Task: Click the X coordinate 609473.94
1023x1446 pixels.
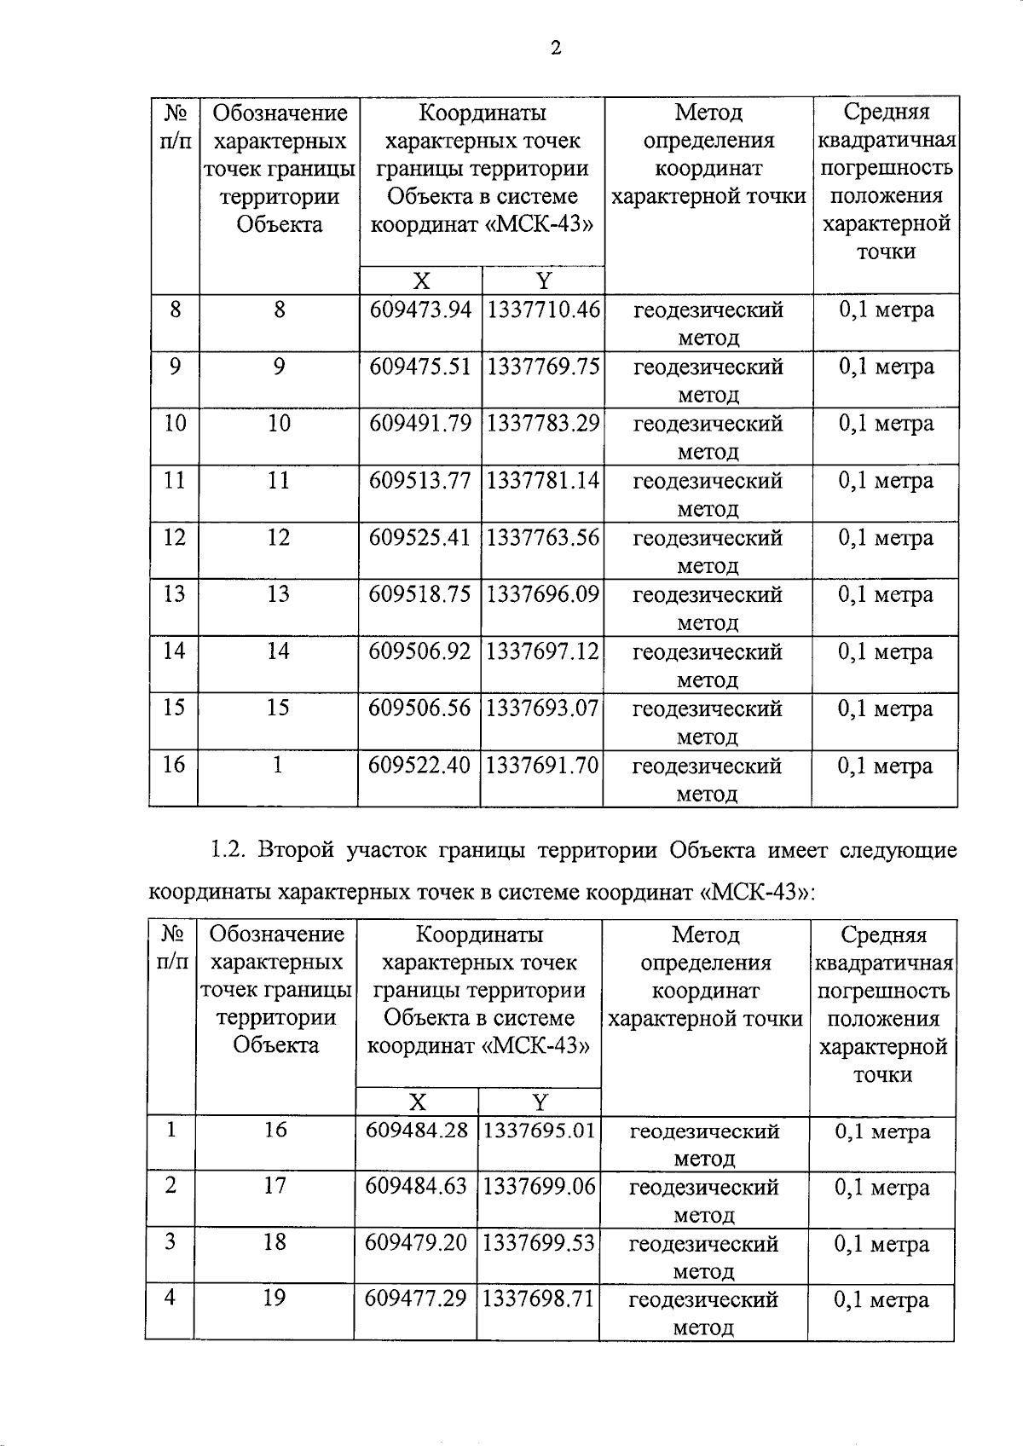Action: [x=420, y=310]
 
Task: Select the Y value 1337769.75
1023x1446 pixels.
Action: [x=543, y=367]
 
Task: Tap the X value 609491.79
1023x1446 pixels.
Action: [x=420, y=424]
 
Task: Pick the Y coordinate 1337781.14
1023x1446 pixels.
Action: [x=543, y=481]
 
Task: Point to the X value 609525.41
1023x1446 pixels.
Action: [x=419, y=538]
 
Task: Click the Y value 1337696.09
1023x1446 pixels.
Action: [x=543, y=595]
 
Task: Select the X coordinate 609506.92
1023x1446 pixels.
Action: [x=419, y=652]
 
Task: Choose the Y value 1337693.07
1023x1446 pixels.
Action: [x=542, y=709]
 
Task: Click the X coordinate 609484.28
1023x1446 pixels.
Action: [x=417, y=1131]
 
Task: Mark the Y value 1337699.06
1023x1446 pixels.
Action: [x=539, y=1187]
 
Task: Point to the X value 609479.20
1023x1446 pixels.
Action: [x=416, y=1243]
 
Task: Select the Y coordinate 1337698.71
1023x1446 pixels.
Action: [x=538, y=1299]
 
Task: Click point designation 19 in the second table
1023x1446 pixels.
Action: [x=275, y=1299]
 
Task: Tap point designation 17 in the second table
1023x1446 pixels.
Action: [x=275, y=1186]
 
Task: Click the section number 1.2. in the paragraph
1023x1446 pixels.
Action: [x=228, y=851]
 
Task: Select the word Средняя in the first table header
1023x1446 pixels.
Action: [x=886, y=113]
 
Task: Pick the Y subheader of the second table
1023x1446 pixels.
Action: [x=540, y=1102]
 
